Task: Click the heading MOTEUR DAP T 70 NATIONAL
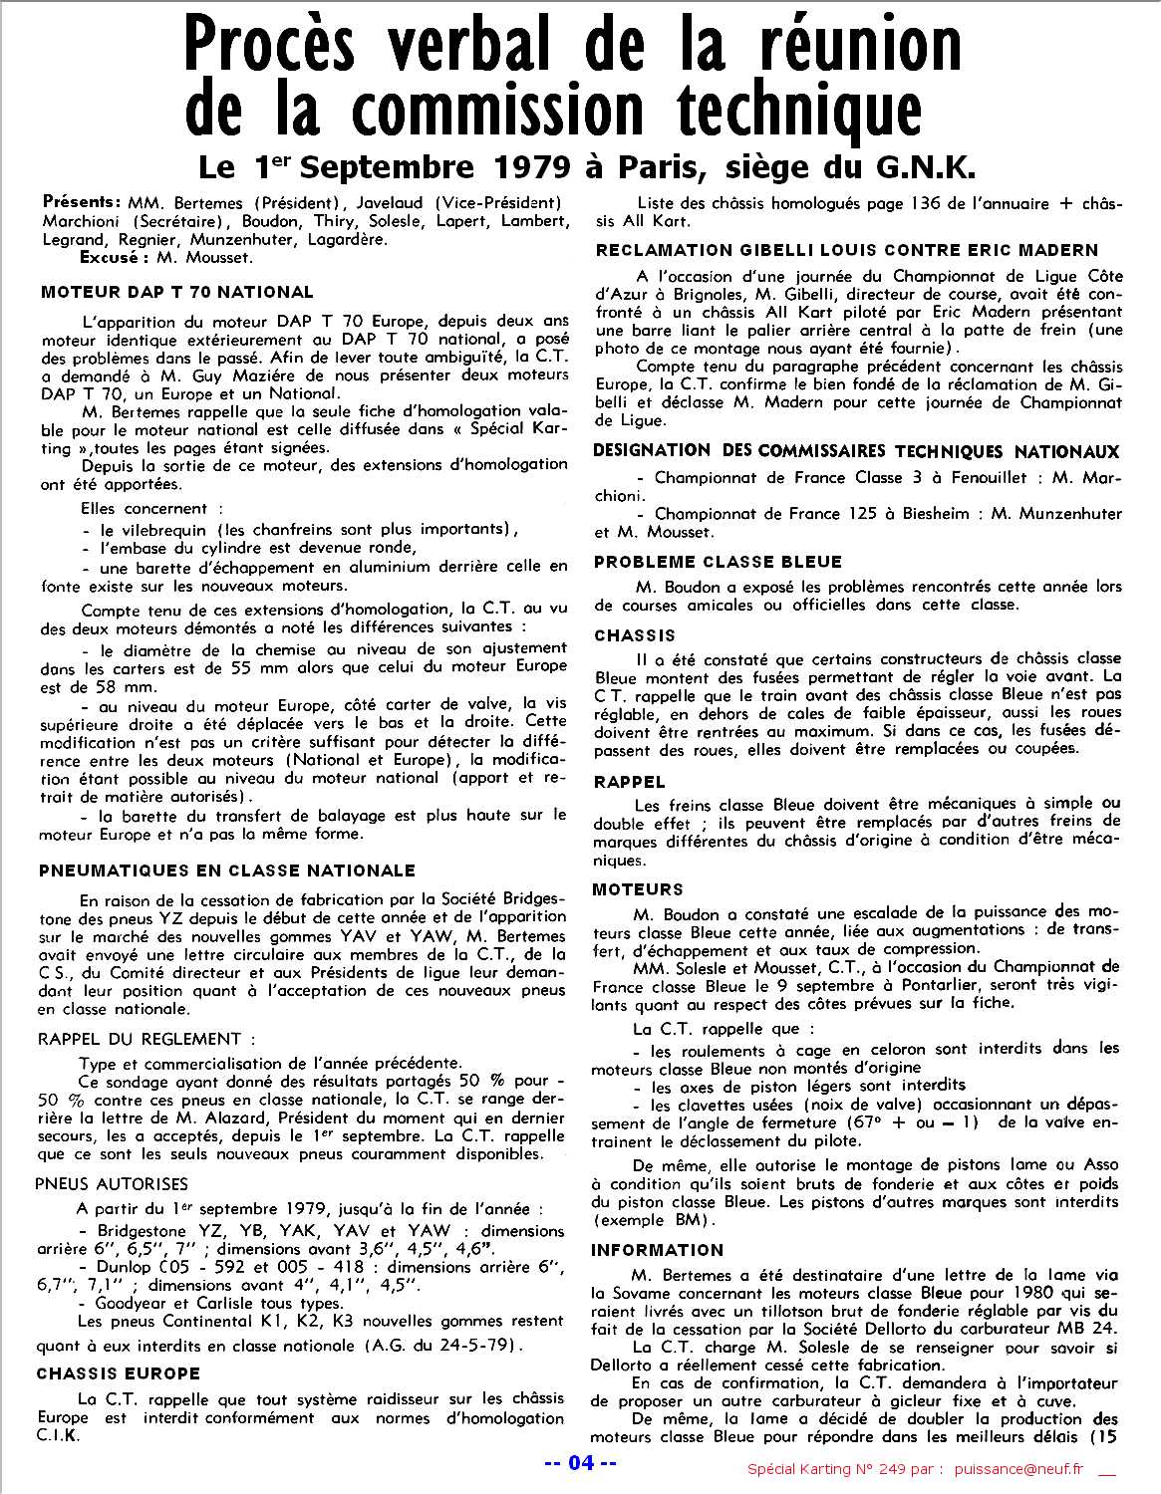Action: pyautogui.click(x=177, y=292)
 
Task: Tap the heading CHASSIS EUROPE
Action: pyautogui.click(x=119, y=1373)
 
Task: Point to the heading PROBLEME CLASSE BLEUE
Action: pyautogui.click(x=718, y=562)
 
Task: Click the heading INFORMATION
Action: pyautogui.click(x=657, y=1250)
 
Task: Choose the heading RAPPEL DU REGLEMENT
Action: pyautogui.click(x=140, y=1039)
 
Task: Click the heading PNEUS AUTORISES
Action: pyautogui.click(x=112, y=1184)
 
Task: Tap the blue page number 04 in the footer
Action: pyautogui.click(x=581, y=1463)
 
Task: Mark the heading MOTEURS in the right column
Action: pyautogui.click(x=639, y=889)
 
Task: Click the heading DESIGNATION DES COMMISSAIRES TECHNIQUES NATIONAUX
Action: pyautogui.click(x=856, y=451)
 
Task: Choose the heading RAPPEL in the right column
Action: pyautogui.click(x=629, y=782)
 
